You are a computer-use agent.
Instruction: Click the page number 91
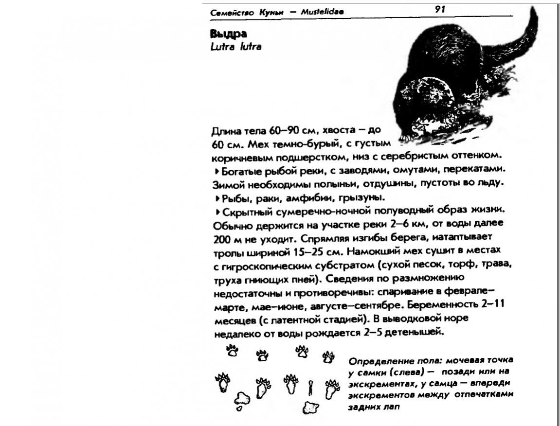443,9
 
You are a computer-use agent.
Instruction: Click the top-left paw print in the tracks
232,351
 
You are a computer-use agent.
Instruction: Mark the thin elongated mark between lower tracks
310,387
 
